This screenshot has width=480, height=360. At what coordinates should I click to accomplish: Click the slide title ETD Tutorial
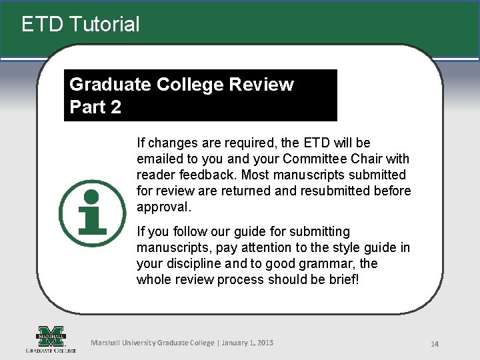pyautogui.click(x=81, y=25)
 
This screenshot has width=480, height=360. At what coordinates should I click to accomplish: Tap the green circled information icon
pyautogui.click(x=92, y=213)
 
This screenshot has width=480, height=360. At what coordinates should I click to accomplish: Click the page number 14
pyautogui.click(x=435, y=344)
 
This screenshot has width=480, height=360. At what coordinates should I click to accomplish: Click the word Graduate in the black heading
pyautogui.click(x=110, y=85)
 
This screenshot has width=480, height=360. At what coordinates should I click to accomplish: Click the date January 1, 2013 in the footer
pyautogui.click(x=246, y=343)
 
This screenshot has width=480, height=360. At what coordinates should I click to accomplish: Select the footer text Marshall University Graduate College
pyautogui.click(x=153, y=343)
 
